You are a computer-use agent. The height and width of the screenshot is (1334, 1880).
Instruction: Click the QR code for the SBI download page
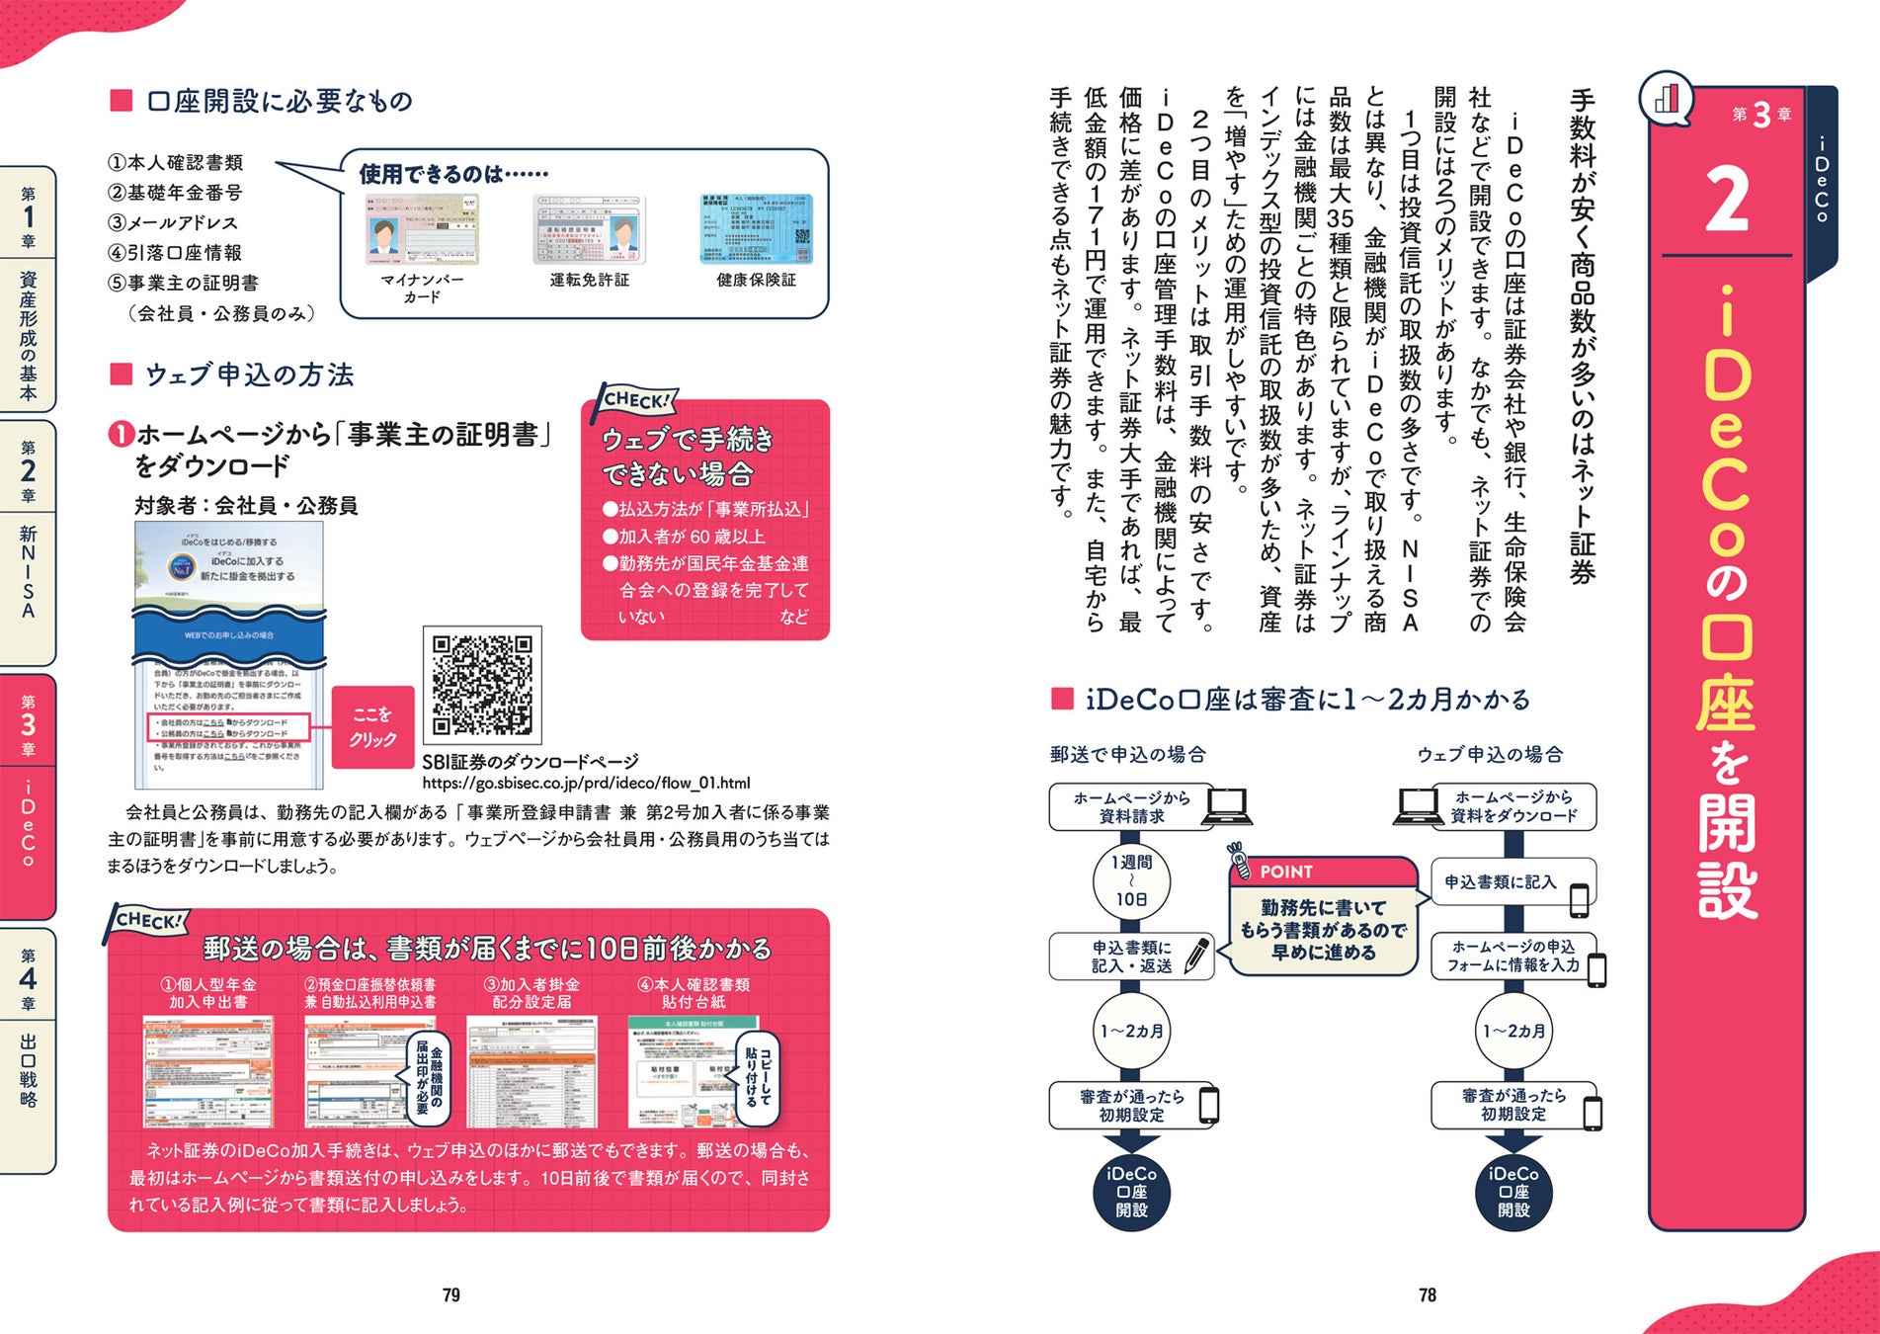click(482, 685)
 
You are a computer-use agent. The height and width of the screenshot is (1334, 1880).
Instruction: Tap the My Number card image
click(422, 230)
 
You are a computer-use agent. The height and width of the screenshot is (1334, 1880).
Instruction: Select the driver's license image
click(589, 230)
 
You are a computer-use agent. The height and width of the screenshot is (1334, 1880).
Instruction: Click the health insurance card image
click(756, 230)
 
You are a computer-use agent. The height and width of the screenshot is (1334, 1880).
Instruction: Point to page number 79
click(451, 1294)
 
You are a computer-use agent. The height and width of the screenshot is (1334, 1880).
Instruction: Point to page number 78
click(1428, 1294)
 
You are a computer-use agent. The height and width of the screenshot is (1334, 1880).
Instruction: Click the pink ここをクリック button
click(372, 727)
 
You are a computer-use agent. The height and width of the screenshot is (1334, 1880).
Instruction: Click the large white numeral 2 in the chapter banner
click(1726, 201)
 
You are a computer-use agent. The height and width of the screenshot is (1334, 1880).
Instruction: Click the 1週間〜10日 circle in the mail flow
click(1131, 880)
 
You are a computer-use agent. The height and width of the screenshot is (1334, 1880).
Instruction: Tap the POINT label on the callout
click(1286, 872)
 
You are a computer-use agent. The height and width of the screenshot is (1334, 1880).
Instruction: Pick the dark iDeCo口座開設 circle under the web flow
click(1513, 1192)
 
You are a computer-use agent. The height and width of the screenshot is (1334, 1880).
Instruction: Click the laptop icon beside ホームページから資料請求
click(1228, 806)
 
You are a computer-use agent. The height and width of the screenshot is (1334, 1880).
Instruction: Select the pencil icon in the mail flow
click(1196, 956)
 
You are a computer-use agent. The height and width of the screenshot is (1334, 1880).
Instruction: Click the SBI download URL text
click(586, 784)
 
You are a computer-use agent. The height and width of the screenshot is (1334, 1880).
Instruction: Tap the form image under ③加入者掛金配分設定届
click(531, 1071)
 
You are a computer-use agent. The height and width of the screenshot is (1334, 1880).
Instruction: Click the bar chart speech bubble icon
click(1667, 98)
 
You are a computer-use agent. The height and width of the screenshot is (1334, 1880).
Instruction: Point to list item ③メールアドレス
click(173, 222)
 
